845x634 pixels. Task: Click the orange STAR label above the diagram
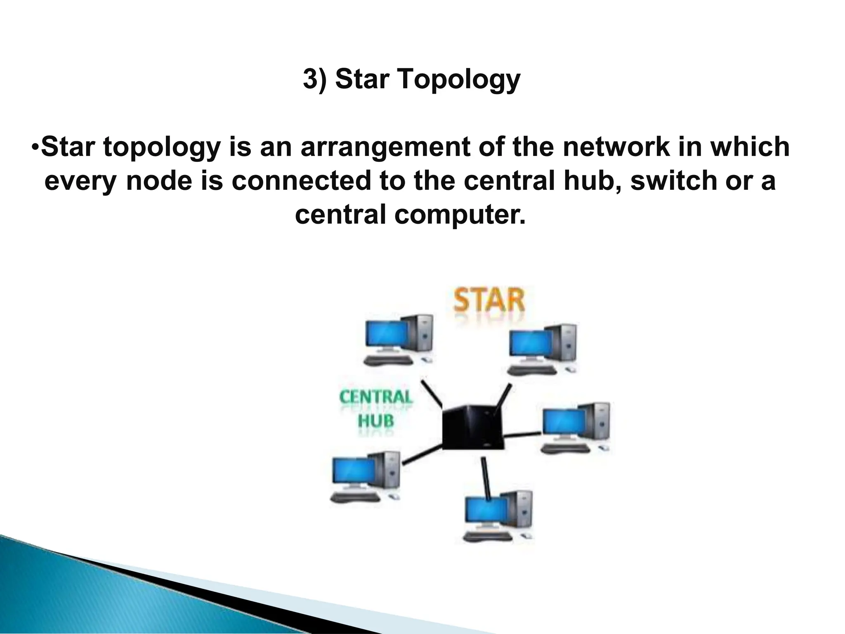489,300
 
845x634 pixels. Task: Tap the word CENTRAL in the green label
375,397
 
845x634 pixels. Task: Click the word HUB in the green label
375,421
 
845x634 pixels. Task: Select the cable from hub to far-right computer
522,435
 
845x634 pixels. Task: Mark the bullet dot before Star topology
36,147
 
